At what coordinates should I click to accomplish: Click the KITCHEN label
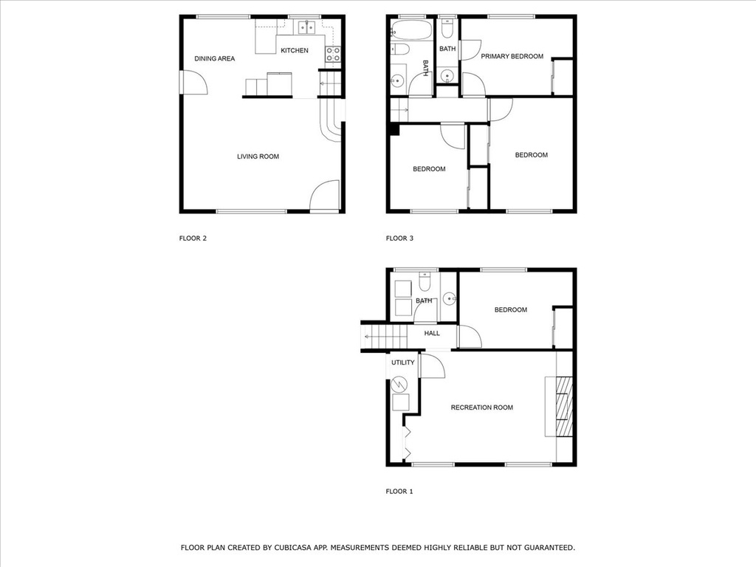coord(294,50)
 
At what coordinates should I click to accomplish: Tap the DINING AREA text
coord(215,59)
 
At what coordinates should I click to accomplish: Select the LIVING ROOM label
coord(258,157)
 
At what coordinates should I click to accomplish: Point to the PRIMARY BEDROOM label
coord(512,56)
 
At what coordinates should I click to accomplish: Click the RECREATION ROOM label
coord(481,408)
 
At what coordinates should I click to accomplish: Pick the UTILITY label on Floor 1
coord(402,362)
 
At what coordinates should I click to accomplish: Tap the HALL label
coord(431,333)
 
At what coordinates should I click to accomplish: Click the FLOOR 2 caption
coord(193,238)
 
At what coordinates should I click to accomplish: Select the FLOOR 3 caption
coord(399,238)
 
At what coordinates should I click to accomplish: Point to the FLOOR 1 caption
coord(399,491)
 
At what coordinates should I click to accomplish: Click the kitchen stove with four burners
coord(333,54)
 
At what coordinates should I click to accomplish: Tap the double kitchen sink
coord(306,28)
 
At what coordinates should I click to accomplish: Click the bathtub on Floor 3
coord(410,30)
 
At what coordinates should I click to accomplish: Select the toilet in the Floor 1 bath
coord(425,282)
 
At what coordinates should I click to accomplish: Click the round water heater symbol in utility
coord(399,384)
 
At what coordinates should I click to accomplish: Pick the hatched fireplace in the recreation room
coord(564,407)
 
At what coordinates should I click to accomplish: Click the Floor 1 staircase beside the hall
coord(385,336)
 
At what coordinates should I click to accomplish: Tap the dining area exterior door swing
coord(194,82)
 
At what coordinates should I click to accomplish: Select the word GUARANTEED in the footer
coord(549,548)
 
